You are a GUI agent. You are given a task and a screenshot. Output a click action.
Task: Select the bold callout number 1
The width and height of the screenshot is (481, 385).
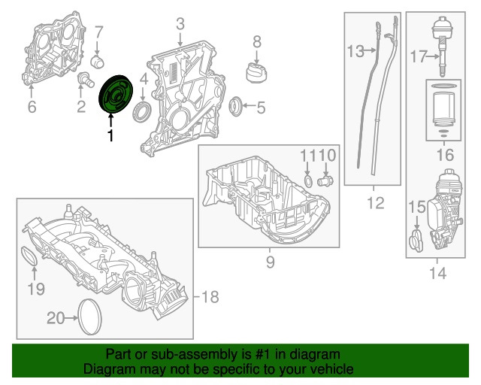coord(110,136)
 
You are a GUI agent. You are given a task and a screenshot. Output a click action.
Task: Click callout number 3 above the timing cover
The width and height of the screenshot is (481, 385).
coord(180,26)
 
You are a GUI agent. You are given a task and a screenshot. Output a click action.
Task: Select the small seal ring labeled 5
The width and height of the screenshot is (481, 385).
coord(236,105)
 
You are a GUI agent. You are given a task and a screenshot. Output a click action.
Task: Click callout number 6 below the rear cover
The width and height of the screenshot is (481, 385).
coord(32,108)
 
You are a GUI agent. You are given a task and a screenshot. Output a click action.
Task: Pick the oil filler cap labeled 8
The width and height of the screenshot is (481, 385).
coord(256,71)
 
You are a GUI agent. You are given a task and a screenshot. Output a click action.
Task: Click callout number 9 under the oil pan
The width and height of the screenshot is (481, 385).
coord(271,262)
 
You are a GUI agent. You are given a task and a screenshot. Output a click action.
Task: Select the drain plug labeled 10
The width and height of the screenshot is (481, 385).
coord(325,180)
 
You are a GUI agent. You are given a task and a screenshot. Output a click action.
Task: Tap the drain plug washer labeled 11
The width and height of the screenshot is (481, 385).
coord(308,180)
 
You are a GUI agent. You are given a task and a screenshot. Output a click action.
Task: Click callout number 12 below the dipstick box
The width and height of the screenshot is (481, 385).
coord(375,202)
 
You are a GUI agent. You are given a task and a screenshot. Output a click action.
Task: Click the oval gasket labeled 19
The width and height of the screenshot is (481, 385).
coord(28,257)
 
